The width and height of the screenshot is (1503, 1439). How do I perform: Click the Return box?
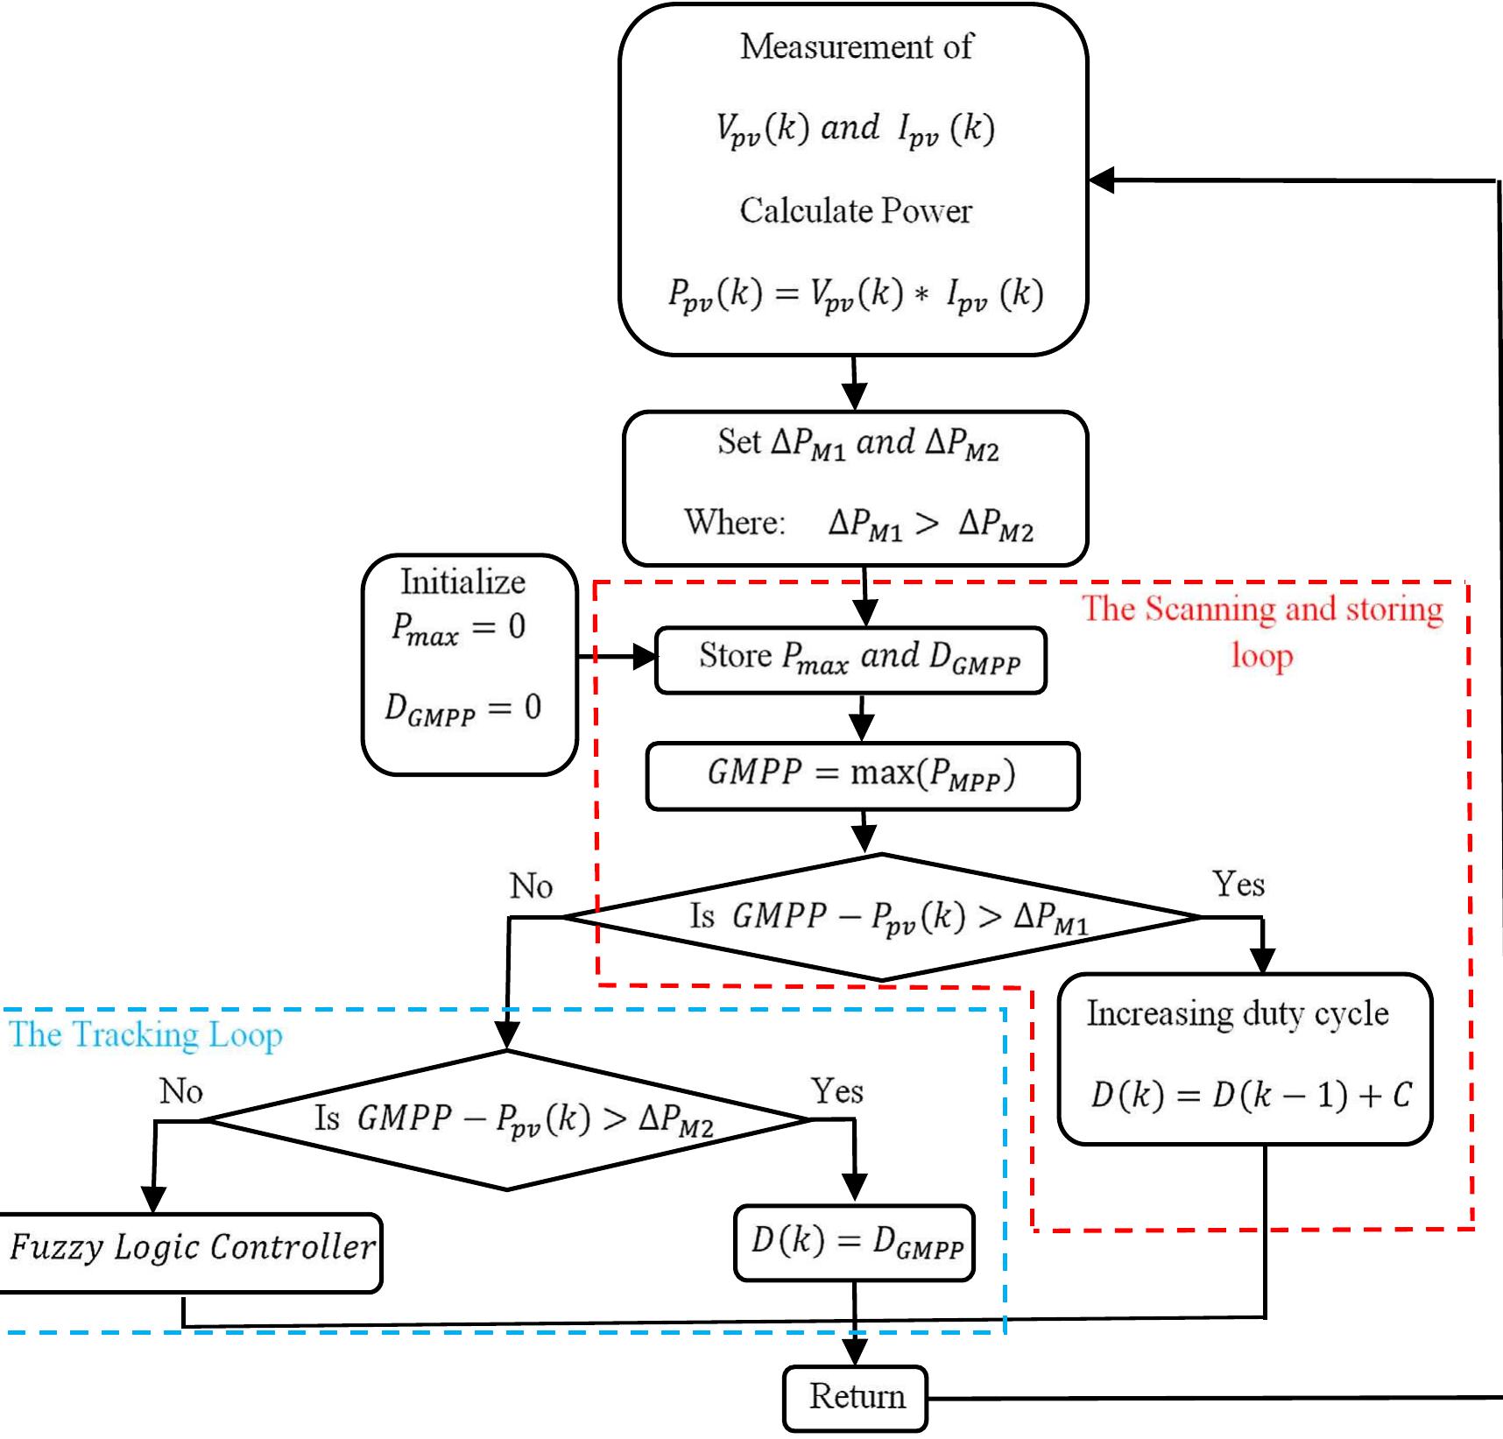click(855, 1398)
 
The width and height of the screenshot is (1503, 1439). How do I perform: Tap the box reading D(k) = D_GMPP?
click(854, 1243)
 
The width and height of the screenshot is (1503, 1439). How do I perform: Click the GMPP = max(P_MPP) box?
click(862, 775)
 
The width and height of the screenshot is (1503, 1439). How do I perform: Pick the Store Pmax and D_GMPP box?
click(850, 660)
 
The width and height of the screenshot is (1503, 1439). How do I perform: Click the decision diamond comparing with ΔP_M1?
click(881, 917)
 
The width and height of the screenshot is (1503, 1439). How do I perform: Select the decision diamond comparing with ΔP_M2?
click(508, 1119)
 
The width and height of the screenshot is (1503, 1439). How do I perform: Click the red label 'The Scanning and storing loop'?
click(1261, 631)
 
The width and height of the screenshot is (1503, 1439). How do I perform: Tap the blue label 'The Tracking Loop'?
click(145, 1034)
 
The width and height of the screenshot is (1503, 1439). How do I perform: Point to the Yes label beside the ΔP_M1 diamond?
click(1238, 884)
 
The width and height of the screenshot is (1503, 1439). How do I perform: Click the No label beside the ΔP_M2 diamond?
click(180, 1090)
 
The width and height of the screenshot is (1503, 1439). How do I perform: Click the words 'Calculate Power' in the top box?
click(855, 210)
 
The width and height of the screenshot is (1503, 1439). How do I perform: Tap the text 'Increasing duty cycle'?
click(1238, 1013)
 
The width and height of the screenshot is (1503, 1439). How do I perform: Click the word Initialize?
click(462, 582)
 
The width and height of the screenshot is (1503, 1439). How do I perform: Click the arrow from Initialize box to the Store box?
click(617, 656)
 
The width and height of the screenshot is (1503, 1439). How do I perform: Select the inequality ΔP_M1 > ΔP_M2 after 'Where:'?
click(930, 524)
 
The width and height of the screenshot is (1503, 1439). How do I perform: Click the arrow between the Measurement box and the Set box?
click(854, 383)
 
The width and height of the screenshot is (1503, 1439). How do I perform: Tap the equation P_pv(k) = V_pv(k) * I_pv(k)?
click(855, 294)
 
